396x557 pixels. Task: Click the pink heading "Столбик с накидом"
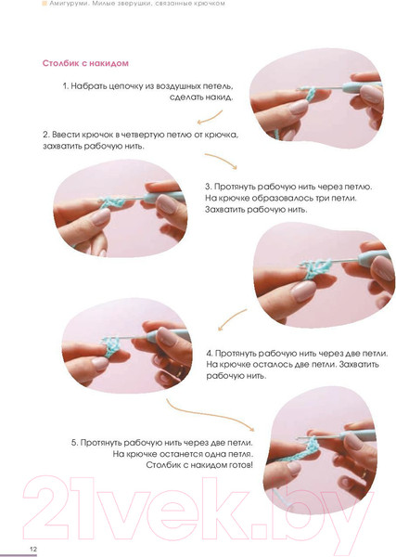point(85,63)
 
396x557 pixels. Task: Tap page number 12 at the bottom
point(33,549)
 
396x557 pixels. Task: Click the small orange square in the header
point(45,4)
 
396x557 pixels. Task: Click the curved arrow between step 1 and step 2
point(211,118)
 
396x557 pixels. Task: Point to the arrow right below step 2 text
point(221,160)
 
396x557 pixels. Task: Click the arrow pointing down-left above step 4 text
point(232,319)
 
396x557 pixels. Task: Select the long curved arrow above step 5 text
point(210,414)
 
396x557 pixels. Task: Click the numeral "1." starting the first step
point(66,86)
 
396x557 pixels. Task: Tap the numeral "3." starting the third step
point(209,187)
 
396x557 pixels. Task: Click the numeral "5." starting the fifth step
point(74,443)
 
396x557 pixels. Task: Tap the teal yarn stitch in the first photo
point(310,94)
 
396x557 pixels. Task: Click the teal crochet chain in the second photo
point(112,202)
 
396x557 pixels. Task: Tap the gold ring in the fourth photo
point(182,372)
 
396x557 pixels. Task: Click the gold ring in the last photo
point(364,473)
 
